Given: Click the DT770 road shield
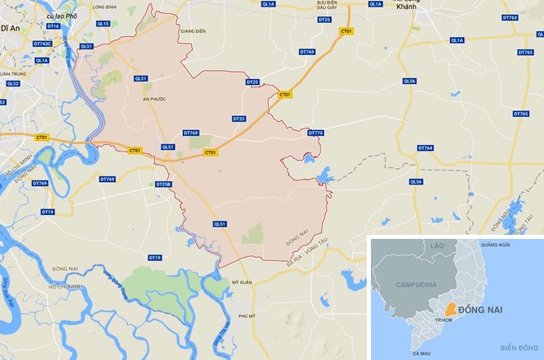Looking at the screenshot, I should click(x=316, y=133).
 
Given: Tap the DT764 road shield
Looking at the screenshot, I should click(x=424, y=148).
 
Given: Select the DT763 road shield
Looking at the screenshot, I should click(x=509, y=17).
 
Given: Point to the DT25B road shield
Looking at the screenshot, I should click(x=162, y=185).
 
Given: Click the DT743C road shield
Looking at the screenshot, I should click(x=42, y=44).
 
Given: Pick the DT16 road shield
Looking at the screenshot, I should click(x=54, y=26).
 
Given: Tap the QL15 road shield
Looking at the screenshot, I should click(x=102, y=25).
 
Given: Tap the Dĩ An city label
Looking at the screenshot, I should click(x=10, y=27).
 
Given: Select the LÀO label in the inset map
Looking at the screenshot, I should click(x=436, y=245).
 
